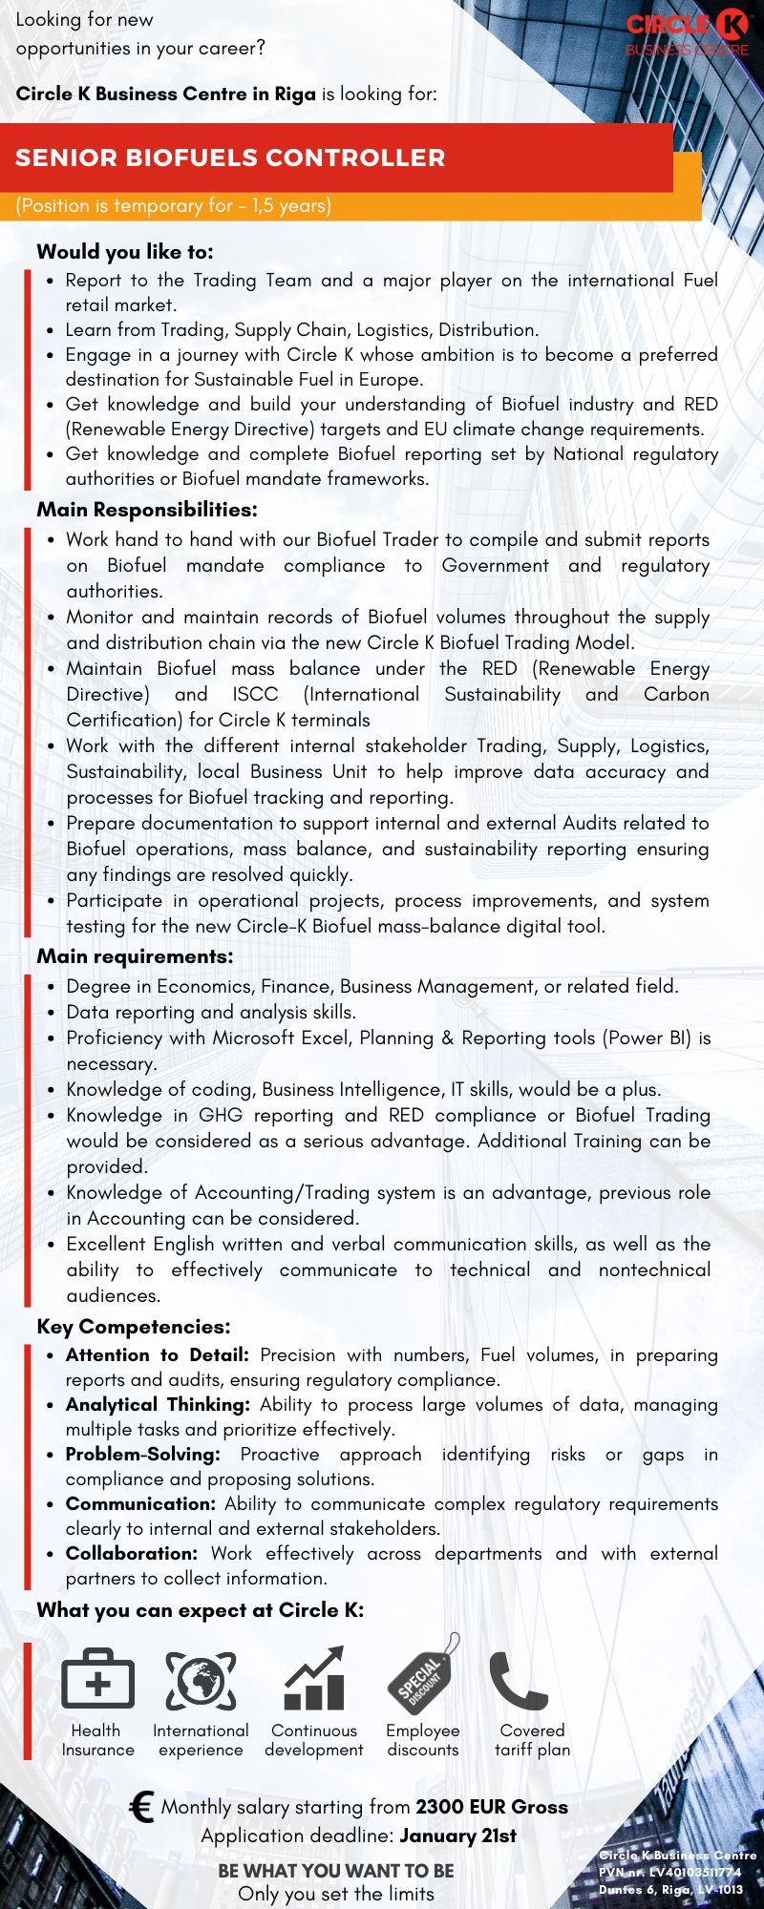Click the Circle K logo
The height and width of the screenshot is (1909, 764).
[x=688, y=32]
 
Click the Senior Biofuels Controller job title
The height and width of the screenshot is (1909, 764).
[x=230, y=157]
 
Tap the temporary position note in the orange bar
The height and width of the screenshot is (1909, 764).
[x=174, y=205]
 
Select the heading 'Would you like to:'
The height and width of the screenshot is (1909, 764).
[x=125, y=251]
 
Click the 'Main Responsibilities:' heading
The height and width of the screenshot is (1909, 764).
[x=147, y=510]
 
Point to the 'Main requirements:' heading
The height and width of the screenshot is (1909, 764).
[x=135, y=956]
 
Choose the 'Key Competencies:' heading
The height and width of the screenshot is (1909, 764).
[x=134, y=1327]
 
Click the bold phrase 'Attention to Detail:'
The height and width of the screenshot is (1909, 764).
[x=157, y=1354]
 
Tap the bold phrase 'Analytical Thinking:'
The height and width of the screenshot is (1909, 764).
[x=158, y=1404]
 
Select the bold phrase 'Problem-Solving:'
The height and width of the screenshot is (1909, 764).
[x=142, y=1454]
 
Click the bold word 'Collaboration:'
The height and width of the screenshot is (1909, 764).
[x=132, y=1553]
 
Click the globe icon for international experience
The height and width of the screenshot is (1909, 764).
[x=201, y=1680]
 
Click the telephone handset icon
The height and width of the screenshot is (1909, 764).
[x=519, y=1680]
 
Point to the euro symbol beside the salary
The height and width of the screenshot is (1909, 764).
[x=142, y=1807]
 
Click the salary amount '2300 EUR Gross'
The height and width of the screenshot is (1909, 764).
[x=492, y=1807]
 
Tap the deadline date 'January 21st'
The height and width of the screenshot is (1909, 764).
[x=458, y=1836]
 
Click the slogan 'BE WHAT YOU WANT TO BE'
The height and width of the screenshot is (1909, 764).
[x=336, y=1871]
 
